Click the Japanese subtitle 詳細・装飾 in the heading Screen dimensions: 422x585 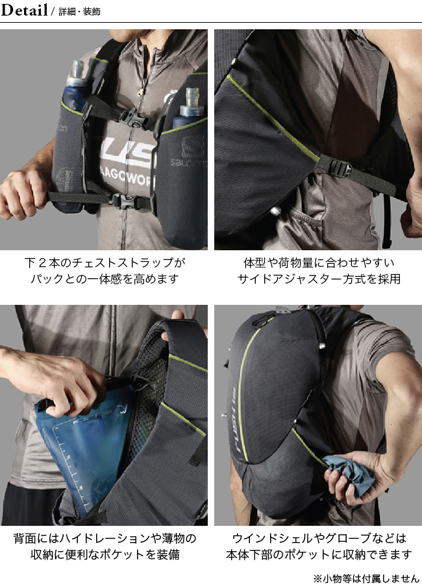click(x=79, y=12)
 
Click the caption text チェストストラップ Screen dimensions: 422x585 click(x=121, y=263)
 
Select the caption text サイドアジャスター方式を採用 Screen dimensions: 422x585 click(x=319, y=279)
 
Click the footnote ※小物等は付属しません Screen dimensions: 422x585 click(x=366, y=578)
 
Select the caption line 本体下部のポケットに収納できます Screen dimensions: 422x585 click(x=319, y=555)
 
